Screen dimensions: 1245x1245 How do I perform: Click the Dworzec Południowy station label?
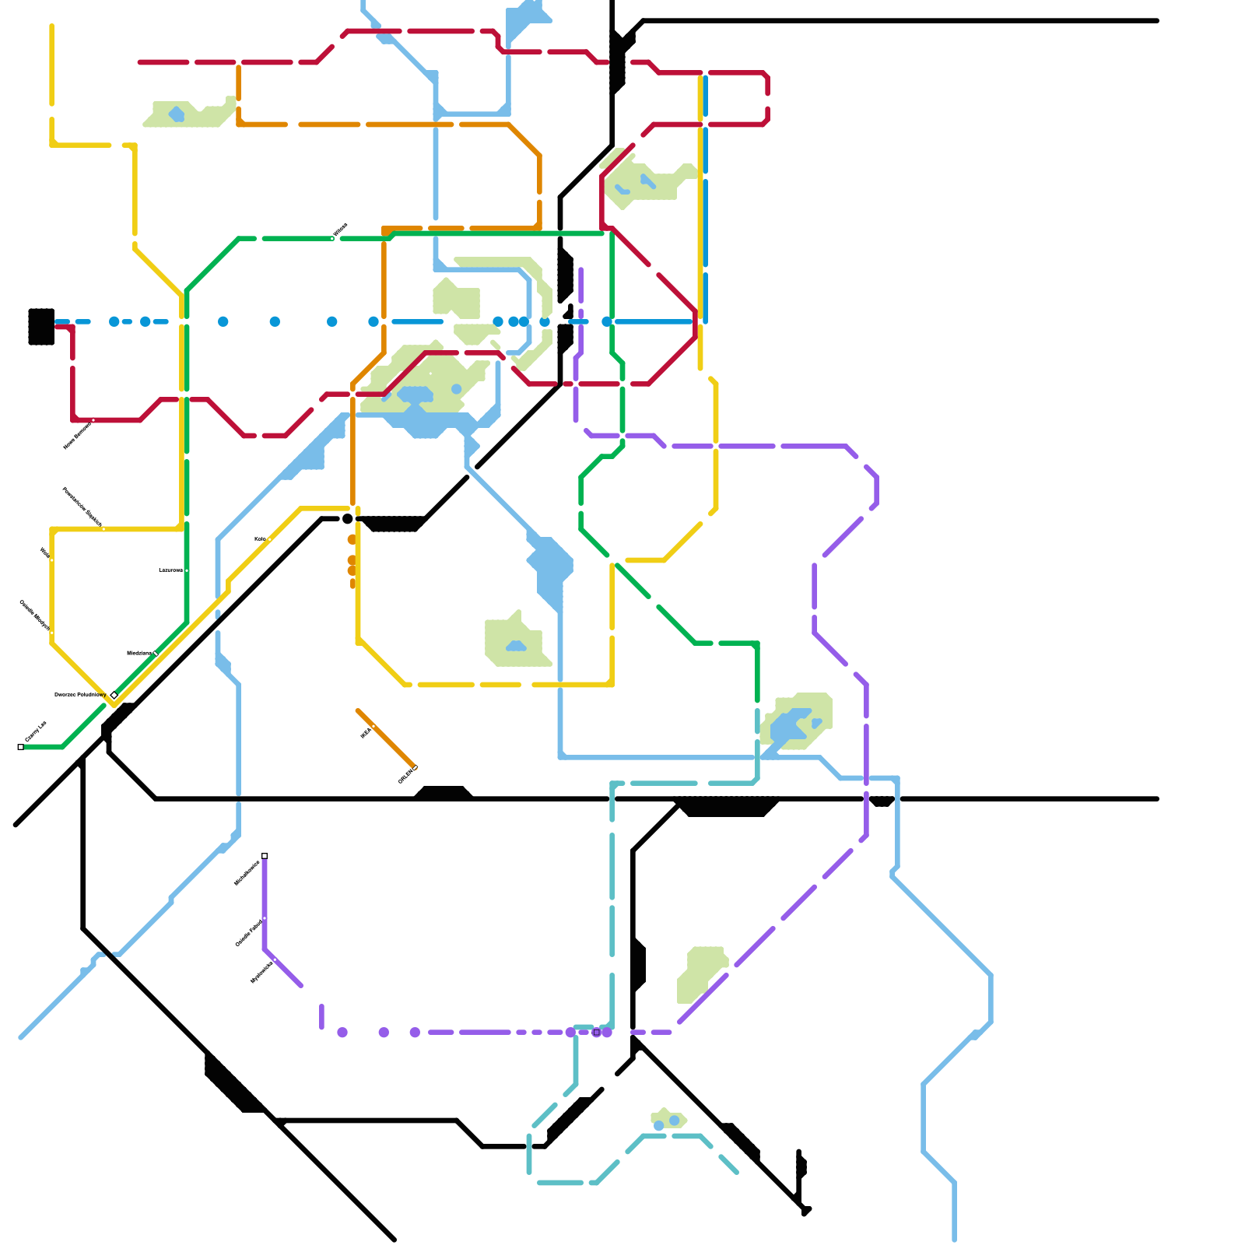80,694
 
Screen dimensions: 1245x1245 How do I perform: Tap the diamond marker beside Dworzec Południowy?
114,695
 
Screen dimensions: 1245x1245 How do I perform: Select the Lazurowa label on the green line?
170,570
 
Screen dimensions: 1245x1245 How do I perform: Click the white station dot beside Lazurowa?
187,570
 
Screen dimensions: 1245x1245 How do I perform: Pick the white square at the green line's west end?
21,747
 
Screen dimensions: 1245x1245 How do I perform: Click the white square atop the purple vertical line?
265,856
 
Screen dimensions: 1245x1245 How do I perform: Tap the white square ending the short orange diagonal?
416,768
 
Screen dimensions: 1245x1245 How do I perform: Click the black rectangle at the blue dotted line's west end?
41,326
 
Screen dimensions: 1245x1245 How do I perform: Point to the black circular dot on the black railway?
348,519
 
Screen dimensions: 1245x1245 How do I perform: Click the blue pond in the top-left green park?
177,115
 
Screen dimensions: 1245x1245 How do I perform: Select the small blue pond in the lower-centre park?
516,647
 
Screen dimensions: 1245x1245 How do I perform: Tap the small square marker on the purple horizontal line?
597,1033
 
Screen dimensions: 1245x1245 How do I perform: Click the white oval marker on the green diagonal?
156,654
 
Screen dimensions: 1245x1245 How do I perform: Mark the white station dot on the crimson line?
93,420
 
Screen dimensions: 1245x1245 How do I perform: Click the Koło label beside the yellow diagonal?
260,538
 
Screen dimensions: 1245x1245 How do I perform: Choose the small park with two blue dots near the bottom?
668,1120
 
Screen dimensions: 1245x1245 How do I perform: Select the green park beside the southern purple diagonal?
700,973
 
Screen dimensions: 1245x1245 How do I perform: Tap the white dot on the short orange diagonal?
373,727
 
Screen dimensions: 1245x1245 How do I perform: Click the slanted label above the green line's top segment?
340,230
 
